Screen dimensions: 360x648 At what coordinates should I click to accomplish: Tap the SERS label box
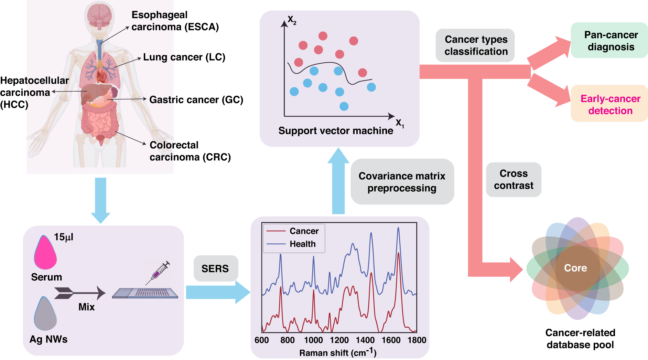(x=215, y=268)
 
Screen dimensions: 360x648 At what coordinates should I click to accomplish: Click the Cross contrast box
(x=514, y=180)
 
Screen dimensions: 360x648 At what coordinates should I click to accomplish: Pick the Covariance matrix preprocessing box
(x=402, y=182)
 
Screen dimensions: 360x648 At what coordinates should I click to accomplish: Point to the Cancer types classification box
(x=476, y=45)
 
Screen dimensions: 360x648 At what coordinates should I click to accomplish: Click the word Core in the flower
(x=575, y=268)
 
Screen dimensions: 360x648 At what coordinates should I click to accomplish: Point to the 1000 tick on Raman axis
(x=313, y=340)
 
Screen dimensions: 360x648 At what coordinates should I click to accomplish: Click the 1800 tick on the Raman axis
(x=417, y=340)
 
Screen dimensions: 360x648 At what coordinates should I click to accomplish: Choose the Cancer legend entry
(x=304, y=231)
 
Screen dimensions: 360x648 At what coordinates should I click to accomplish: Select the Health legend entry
(x=302, y=244)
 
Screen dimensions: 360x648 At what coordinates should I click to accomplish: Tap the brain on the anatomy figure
(x=99, y=15)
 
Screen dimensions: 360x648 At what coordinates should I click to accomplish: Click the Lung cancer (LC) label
(x=184, y=57)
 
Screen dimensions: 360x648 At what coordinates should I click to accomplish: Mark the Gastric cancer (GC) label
(x=196, y=100)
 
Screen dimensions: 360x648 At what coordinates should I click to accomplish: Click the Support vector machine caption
(x=336, y=131)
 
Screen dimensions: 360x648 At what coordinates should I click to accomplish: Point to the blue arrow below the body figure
(x=100, y=200)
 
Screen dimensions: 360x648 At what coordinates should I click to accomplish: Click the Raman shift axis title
(x=338, y=353)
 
